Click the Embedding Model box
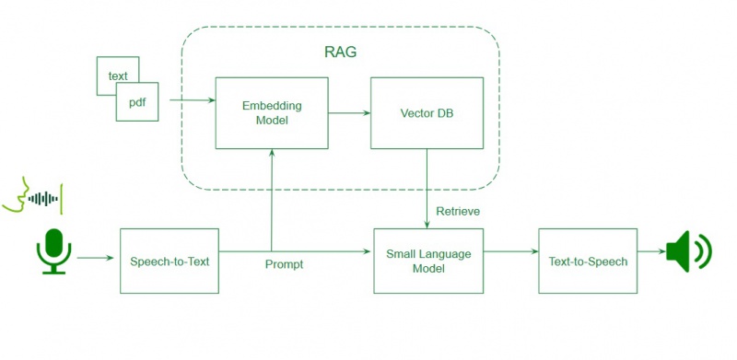(272, 112)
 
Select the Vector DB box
(427, 112)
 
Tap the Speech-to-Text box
(170, 261)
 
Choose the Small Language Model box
(427, 261)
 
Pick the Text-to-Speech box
(588, 261)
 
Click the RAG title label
(340, 52)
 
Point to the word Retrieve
(458, 212)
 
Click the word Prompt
(284, 264)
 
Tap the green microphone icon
(53, 251)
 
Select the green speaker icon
(688, 250)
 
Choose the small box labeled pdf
(136, 101)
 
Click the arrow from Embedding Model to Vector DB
(349, 112)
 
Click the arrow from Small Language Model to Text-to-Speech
(510, 250)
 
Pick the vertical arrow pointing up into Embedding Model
(272, 198)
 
